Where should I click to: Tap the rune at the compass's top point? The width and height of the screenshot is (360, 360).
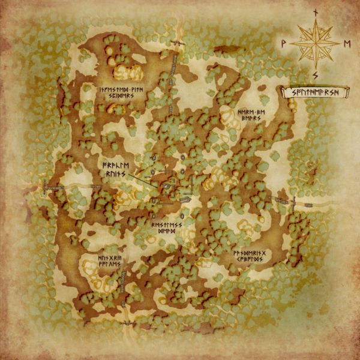(x=316, y=11)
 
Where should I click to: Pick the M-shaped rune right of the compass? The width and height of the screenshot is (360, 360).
(x=347, y=43)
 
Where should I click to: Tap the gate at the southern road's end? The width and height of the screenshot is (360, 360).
(x=128, y=323)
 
